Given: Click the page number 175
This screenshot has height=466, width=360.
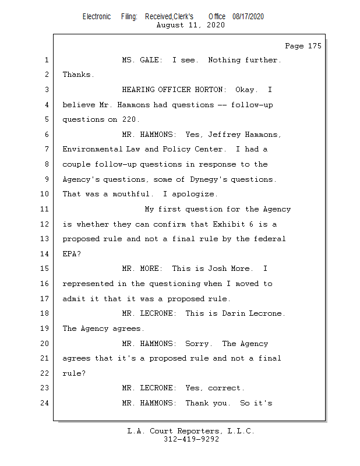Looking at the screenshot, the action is click(x=315, y=46).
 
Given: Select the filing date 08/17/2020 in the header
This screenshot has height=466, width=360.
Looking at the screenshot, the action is click(x=248, y=17).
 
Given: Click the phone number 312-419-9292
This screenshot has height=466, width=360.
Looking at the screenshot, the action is click(x=191, y=439).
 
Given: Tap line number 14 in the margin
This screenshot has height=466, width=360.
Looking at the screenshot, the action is click(x=45, y=254).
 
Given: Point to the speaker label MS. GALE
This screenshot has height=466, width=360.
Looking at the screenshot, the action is click(x=142, y=60).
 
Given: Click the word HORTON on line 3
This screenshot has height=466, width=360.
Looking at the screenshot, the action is click(x=210, y=90).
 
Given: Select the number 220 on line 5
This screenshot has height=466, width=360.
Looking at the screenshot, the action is click(x=130, y=119).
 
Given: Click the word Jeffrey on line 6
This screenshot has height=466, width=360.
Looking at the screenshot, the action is click(x=224, y=135).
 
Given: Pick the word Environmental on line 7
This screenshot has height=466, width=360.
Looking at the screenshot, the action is click(x=92, y=149).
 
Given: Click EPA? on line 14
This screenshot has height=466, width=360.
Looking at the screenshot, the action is click(x=72, y=254).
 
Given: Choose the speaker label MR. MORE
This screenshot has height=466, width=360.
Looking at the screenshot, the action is click(x=142, y=269).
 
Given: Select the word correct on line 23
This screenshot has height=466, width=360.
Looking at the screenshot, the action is click(x=225, y=388).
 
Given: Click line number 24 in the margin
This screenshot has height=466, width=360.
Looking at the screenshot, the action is click(x=45, y=403).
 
